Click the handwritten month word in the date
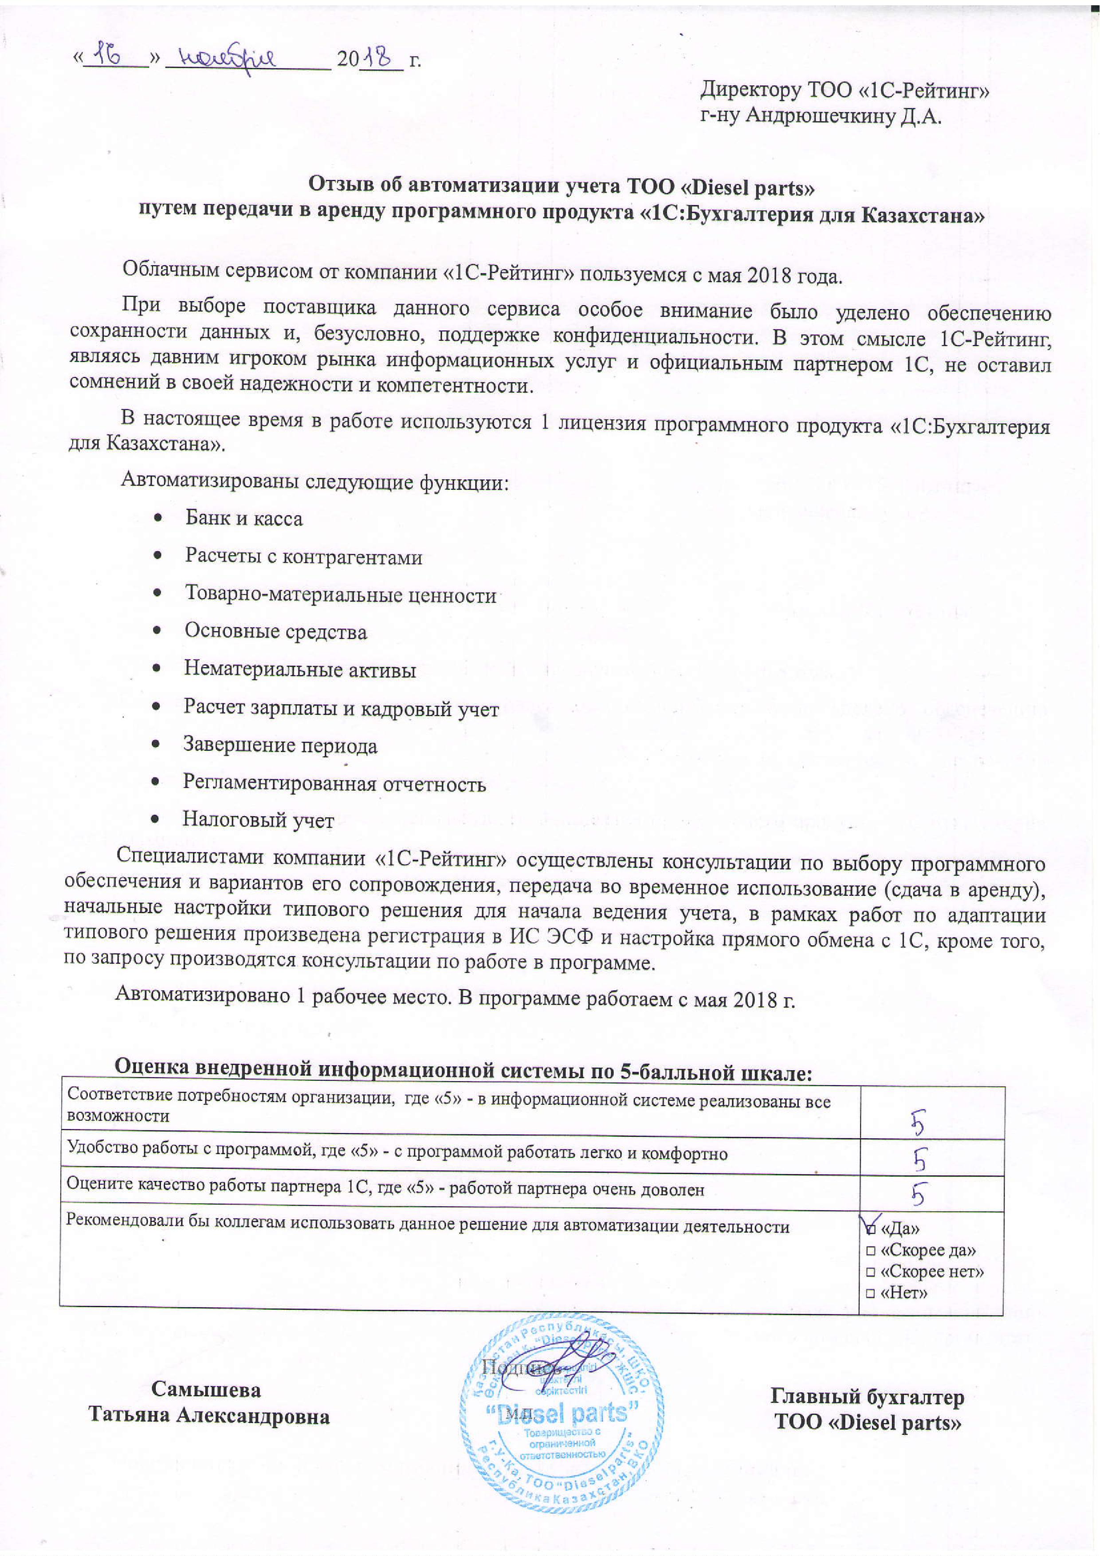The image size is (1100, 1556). point(229,59)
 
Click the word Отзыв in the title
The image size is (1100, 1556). point(342,184)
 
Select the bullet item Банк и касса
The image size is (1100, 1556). point(244,519)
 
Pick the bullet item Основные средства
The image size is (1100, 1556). point(276,632)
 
